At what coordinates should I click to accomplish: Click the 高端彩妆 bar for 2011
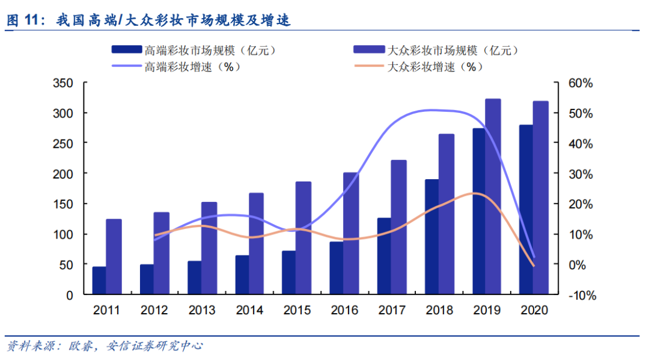pyautogui.click(x=99, y=281)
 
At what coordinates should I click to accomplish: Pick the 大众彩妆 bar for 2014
pyautogui.click(x=256, y=243)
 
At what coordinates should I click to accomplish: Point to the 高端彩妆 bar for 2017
pyautogui.click(x=384, y=256)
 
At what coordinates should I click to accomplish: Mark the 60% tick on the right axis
pyautogui.click(x=580, y=83)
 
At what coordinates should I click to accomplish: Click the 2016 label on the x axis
pyautogui.click(x=344, y=311)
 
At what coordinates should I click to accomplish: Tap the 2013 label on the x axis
pyautogui.click(x=201, y=311)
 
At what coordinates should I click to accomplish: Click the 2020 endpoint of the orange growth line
pyautogui.click(x=533, y=266)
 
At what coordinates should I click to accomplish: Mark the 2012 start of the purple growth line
pyautogui.click(x=155, y=240)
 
